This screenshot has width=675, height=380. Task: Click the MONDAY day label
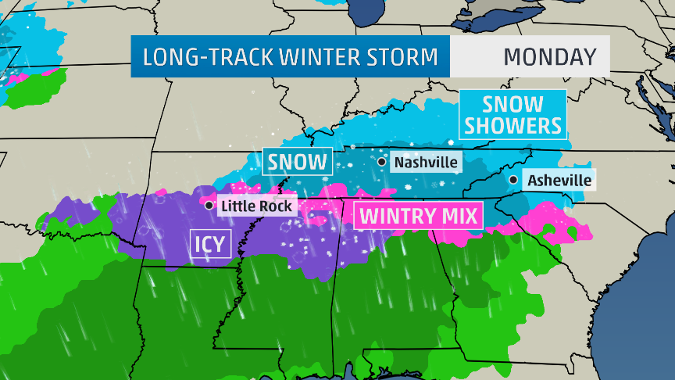pos(549,57)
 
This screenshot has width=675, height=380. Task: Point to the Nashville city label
pos(427,163)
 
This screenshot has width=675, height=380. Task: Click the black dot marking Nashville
pos(381,162)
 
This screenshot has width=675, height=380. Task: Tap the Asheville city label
pos(559,181)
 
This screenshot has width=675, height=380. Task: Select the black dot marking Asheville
pos(513,180)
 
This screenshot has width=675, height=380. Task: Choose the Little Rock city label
pos(257,206)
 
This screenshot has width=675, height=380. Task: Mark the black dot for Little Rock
pos(209,206)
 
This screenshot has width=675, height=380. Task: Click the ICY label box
pos(209,244)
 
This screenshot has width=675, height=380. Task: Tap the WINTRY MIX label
pos(418,215)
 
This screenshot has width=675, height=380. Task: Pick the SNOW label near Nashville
pos(297,163)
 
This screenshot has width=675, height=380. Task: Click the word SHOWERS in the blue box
pos(512,125)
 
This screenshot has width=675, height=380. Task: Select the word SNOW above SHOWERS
pos(512,103)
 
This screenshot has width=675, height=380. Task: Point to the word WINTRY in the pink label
pos(396,215)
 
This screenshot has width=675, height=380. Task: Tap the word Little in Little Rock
pos(237,206)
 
